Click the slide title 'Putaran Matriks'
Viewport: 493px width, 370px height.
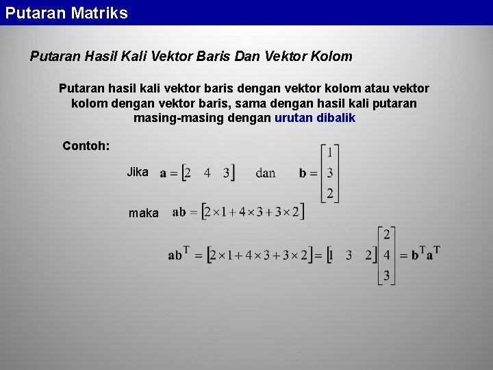coord(66,13)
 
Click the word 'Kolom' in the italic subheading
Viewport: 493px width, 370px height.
coord(332,56)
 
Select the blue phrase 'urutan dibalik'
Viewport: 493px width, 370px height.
coord(315,118)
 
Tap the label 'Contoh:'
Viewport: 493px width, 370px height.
coord(86,145)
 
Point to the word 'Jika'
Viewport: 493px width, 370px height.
coord(138,172)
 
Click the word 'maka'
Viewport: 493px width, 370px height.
coord(144,213)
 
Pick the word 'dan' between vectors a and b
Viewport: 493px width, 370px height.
coord(266,173)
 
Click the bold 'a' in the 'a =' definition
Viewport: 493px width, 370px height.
coord(164,173)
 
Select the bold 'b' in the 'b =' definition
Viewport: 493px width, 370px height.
coord(303,173)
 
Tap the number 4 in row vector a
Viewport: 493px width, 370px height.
coord(207,173)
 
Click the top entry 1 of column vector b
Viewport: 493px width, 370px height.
coord(330,151)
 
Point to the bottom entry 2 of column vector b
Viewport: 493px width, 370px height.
coord(330,193)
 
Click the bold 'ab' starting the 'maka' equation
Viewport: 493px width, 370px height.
coord(179,212)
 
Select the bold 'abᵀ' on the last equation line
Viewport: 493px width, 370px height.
coord(178,254)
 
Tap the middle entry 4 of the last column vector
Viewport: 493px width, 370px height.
coord(387,255)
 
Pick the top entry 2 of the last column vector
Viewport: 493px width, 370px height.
coord(387,234)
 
